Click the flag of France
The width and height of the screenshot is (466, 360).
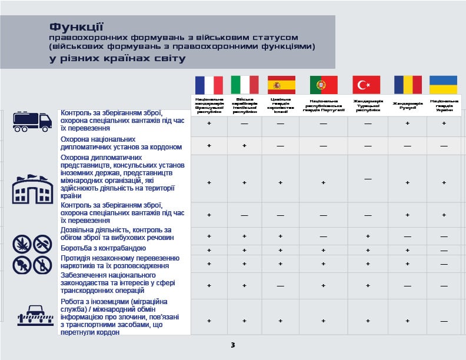coord(209,85)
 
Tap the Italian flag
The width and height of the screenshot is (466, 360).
coord(244,85)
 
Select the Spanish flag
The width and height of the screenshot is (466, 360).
coord(281,85)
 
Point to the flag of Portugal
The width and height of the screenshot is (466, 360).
coord(324,85)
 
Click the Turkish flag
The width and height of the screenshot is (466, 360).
coord(367,85)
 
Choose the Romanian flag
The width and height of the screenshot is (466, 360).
coord(408,85)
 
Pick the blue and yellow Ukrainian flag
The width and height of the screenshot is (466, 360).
coord(444,85)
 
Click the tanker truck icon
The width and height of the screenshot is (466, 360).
coord(33,121)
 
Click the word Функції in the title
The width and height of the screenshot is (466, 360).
coord(76,27)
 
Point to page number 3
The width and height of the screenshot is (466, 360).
coord(232,345)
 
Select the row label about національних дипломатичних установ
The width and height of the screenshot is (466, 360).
coord(121,144)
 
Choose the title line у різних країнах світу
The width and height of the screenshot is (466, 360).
coord(118,58)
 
